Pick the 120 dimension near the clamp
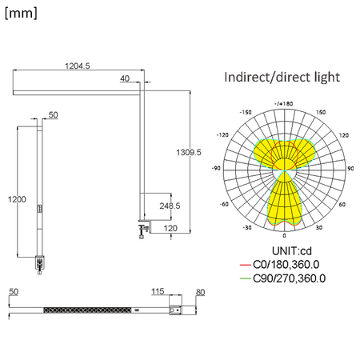170,228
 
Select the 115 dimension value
157,292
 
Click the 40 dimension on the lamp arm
125,78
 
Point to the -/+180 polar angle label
283,103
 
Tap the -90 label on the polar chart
216,168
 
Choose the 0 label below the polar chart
284,237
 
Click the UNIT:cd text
282,250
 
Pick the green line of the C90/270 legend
245,278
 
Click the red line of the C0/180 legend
245,264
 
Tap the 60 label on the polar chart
342,204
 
